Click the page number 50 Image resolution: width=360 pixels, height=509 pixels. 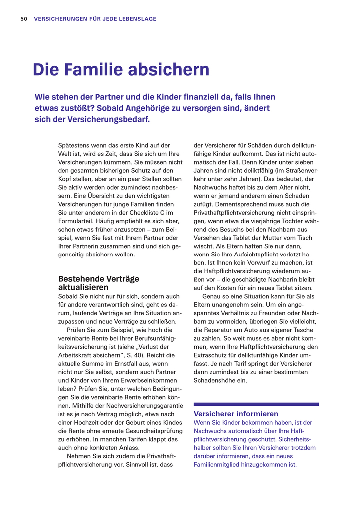[23, 19]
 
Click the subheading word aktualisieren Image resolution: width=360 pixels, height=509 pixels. [83, 287]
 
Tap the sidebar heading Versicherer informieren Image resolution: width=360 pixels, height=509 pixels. [236, 414]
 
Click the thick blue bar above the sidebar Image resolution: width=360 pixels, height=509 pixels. [256, 404]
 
